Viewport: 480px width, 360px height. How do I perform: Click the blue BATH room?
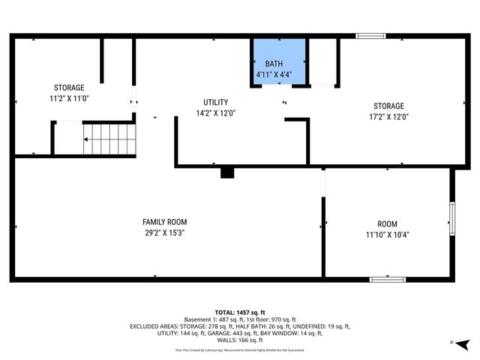point(279,61)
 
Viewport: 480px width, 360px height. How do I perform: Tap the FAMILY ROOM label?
point(164,222)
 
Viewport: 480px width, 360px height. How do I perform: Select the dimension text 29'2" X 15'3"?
point(164,233)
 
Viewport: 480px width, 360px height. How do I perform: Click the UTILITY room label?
point(215,103)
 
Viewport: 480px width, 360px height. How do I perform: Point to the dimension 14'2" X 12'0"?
point(215,114)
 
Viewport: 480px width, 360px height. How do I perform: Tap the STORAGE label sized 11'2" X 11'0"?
point(68,88)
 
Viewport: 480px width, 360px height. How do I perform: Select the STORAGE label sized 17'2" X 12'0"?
point(388,106)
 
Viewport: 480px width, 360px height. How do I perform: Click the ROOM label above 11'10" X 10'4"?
point(387,224)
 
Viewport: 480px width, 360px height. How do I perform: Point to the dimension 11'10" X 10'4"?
point(387,235)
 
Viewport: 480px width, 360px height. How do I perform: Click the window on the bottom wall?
point(388,280)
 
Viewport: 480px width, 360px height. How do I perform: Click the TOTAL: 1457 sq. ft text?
point(240,313)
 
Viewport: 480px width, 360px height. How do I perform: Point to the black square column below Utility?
point(227,173)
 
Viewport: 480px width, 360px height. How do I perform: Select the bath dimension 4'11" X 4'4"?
point(279,73)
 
